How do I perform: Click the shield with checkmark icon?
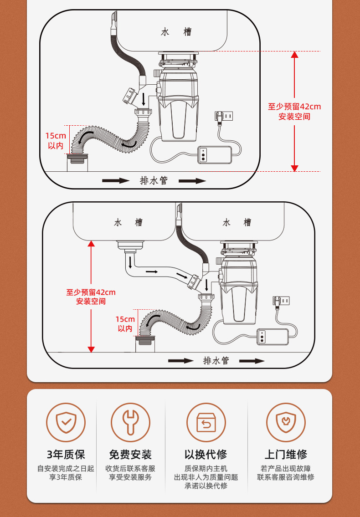click(x=66, y=422)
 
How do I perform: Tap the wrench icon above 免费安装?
click(x=130, y=422)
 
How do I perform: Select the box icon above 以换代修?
click(x=206, y=422)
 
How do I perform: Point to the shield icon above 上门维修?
click(x=286, y=422)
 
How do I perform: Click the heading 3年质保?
click(x=66, y=454)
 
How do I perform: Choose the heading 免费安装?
click(x=130, y=454)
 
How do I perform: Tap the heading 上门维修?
click(x=286, y=454)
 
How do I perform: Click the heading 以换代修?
click(x=206, y=454)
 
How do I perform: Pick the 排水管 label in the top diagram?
click(x=154, y=180)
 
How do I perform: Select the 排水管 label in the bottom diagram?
click(x=216, y=361)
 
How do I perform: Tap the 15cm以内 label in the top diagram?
click(x=56, y=141)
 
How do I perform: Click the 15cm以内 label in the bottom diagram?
click(x=125, y=324)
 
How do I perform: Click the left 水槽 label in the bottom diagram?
click(x=128, y=222)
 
